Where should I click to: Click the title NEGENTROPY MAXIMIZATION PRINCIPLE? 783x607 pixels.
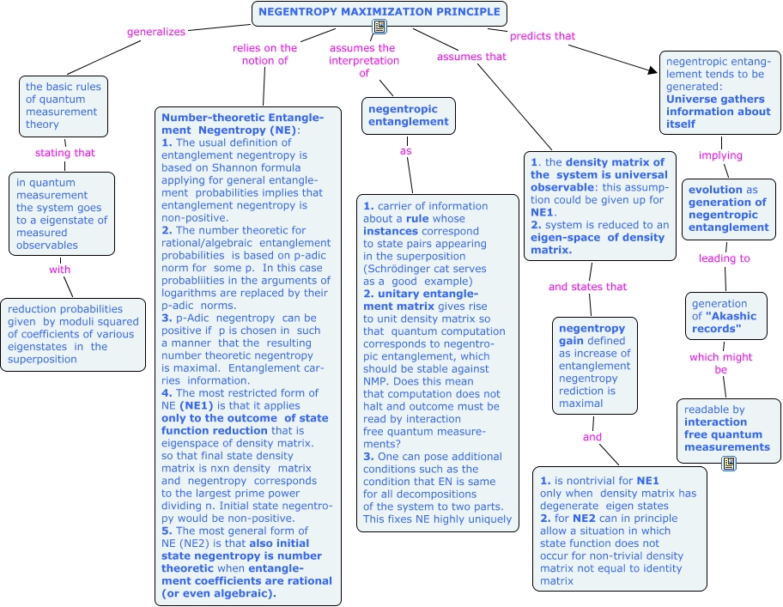379,13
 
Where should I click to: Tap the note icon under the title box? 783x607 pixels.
379,27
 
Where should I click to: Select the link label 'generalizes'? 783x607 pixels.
156,32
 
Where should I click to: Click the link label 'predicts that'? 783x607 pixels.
543,36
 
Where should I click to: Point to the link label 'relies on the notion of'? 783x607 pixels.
264,54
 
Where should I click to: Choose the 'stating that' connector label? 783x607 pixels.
65,153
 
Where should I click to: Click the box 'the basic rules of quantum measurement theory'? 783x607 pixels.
64,106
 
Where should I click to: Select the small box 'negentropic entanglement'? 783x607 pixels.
409,115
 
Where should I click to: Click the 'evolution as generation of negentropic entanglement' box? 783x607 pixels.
727,209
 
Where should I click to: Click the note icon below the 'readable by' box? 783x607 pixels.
729,464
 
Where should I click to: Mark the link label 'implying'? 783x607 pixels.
720,155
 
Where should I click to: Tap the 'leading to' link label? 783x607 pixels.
724,258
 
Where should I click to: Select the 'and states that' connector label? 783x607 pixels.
588,287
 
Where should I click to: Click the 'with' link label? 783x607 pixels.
59,269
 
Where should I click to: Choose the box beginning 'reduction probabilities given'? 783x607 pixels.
73,334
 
